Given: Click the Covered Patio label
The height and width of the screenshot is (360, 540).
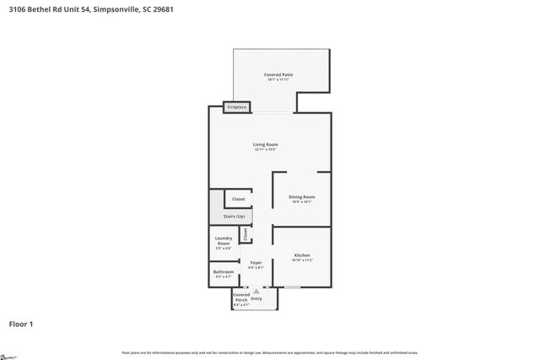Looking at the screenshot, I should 273,75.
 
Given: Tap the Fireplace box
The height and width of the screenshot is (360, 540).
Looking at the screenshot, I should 236,107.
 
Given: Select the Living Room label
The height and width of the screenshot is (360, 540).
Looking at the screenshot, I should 266,144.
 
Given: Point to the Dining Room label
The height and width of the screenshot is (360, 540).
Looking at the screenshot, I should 302,196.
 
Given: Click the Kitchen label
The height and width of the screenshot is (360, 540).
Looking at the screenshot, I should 302,255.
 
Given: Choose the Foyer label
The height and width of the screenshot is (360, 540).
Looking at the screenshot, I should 256,263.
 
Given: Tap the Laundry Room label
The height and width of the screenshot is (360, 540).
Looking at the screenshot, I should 224,240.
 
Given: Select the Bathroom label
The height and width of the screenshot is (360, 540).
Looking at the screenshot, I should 224,271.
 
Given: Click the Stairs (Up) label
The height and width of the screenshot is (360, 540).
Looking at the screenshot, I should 235,217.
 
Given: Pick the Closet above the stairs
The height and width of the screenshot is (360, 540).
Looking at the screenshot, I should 239,199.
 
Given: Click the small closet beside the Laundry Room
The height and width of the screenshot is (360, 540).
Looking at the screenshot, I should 246,234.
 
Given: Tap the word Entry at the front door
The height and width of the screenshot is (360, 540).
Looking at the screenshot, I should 256,298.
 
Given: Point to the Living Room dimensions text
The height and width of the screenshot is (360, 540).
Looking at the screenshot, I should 266,150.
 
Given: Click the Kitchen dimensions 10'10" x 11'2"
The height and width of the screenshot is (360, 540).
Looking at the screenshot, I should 302,261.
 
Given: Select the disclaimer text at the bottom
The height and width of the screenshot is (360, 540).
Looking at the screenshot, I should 269,352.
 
